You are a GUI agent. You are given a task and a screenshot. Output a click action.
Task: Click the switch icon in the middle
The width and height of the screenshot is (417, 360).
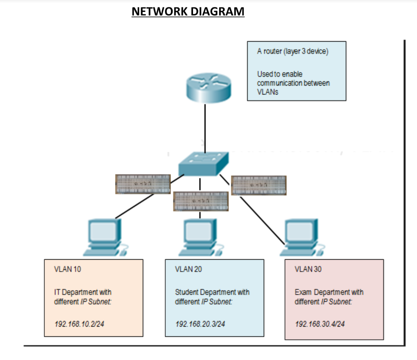pos(204,163)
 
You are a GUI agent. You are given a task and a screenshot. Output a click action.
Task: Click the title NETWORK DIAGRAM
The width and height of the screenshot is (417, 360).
pos(188,11)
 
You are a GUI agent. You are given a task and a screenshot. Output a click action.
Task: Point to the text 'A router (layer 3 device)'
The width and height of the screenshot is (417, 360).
pos(292,52)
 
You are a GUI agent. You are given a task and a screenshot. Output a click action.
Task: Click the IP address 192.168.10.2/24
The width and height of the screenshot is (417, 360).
pos(82,324)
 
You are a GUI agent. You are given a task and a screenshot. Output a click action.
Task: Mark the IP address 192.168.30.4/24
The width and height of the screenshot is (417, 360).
pos(320,324)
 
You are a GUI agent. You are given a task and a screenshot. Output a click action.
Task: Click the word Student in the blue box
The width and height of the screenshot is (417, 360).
pos(185,292)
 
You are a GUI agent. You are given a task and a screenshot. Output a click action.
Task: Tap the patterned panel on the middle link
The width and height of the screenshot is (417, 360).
pos(200,201)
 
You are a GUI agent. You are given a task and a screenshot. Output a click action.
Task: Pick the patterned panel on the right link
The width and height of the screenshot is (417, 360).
pos(259,185)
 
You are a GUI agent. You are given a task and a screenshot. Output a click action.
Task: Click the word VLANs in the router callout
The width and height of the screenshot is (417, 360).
pos(268,92)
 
